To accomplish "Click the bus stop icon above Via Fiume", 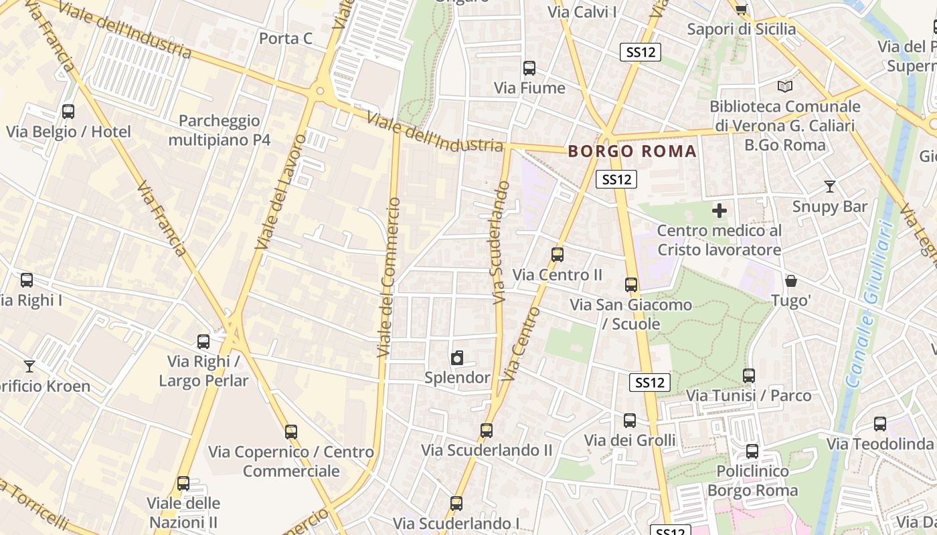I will [x=529, y=68].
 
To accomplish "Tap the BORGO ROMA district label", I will [x=632, y=151].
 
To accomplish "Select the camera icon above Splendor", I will [x=457, y=358].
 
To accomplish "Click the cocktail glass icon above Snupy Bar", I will [x=830, y=187].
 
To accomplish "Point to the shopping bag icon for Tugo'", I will [x=791, y=281].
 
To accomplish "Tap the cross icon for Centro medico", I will [x=719, y=211].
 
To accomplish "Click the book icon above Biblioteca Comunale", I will [x=785, y=86].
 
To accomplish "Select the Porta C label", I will [x=286, y=38].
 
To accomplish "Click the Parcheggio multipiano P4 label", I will [x=220, y=130].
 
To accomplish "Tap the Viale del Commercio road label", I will [x=388, y=277].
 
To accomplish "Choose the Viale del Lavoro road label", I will [x=281, y=192].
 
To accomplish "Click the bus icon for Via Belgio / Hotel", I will [x=68, y=112].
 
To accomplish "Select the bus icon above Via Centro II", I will [x=558, y=254].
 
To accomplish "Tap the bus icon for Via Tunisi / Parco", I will [x=749, y=376].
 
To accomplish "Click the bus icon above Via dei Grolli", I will [x=630, y=420].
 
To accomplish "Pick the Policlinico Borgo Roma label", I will [x=753, y=481].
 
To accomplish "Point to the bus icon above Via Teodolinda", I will [x=880, y=423].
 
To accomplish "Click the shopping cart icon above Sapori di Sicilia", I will [x=741, y=9].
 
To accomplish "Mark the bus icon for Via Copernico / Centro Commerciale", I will [x=291, y=431].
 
